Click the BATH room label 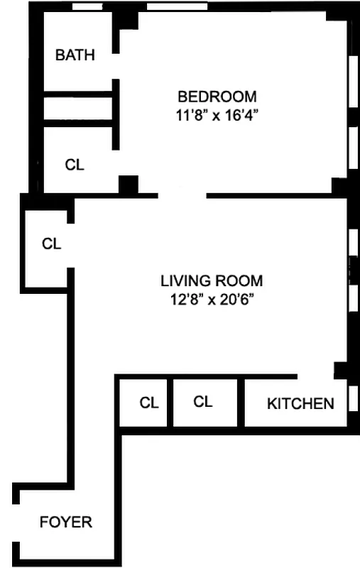(75, 55)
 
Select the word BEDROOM (217, 97)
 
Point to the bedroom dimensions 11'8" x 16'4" (217, 115)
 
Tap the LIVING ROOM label (211, 280)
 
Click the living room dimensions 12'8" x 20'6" (211, 299)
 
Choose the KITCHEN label (300, 404)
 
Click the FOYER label (65, 522)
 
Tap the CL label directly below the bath (75, 165)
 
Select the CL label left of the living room (52, 244)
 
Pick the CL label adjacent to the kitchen (203, 402)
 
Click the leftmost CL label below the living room (148, 403)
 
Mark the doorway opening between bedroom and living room (182, 194)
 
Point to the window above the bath (86, 8)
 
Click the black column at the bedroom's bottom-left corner (129, 185)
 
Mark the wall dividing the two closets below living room (170, 402)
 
